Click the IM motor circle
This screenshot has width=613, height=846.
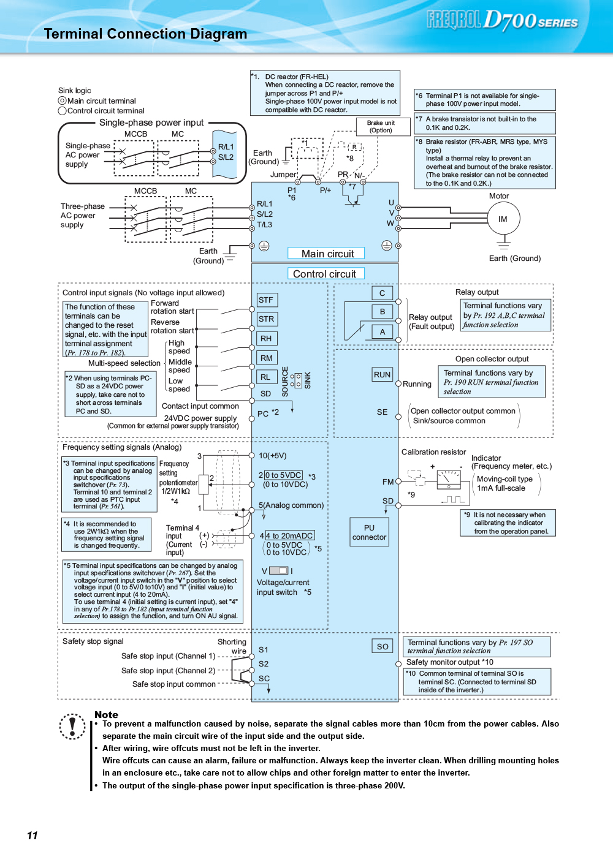pyautogui.click(x=503, y=218)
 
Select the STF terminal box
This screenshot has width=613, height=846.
pyautogui.click(x=267, y=300)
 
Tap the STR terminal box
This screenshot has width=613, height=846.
pyautogui.click(x=267, y=319)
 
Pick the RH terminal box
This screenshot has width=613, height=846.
pyautogui.click(x=267, y=338)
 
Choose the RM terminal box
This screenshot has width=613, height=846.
pyautogui.click(x=267, y=358)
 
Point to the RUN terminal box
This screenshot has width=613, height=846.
pyautogui.click(x=382, y=375)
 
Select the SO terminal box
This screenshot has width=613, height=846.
pyautogui.click(x=382, y=646)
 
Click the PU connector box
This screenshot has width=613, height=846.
pyautogui.click(x=369, y=532)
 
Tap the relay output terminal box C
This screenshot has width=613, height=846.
pyautogui.click(x=382, y=293)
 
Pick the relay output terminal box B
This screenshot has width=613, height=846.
pyautogui.click(x=382, y=312)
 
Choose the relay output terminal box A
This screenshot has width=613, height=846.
pyautogui.click(x=382, y=331)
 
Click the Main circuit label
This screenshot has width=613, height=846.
pyautogui.click(x=326, y=254)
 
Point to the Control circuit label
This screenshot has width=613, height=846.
pyautogui.click(x=326, y=273)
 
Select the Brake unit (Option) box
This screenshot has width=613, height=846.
pyautogui.click(x=383, y=127)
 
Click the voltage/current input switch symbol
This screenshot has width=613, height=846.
pyautogui.click(x=278, y=570)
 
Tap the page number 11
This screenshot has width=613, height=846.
pyautogui.click(x=32, y=835)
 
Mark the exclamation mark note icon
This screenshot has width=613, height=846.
pyautogui.click(x=72, y=727)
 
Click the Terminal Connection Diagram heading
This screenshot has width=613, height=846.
pyautogui.click(x=145, y=34)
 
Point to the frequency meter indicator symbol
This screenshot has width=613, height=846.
pyautogui.click(x=449, y=479)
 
